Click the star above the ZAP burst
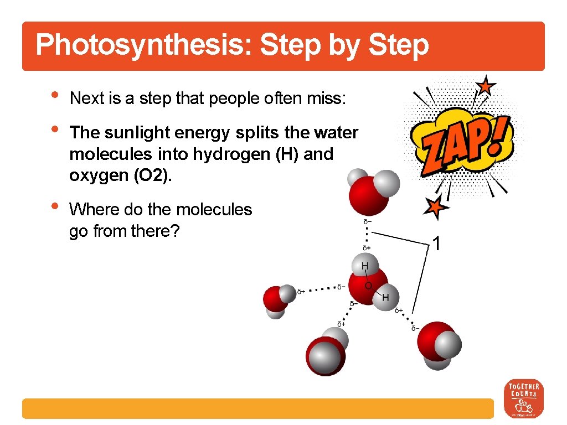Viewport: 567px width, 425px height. (486, 86)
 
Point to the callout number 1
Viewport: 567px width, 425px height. (437, 243)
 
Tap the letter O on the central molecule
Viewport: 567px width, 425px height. (368, 286)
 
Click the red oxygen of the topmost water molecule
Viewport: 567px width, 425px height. (367, 194)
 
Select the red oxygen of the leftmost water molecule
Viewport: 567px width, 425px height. (274, 298)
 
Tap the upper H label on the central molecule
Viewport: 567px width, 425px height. (364, 267)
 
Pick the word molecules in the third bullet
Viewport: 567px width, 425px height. (214, 210)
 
